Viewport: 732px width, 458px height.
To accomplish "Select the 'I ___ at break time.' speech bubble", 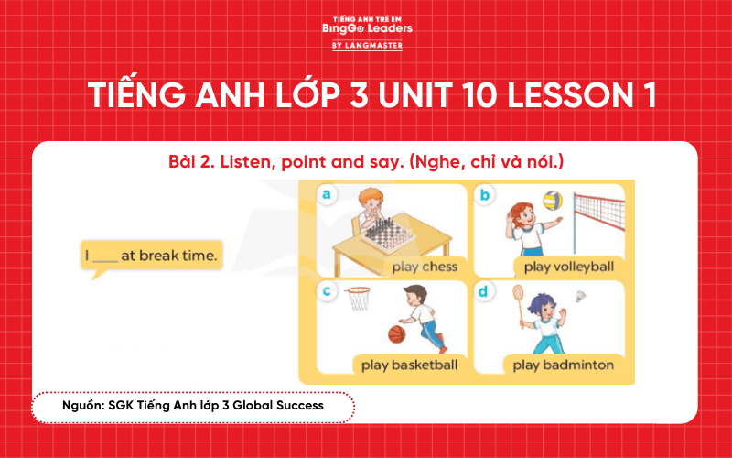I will (152, 256).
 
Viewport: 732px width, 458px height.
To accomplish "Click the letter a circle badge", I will (327, 194).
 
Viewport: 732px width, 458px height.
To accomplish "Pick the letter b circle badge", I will (485, 194).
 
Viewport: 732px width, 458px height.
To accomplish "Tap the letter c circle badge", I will (327, 290).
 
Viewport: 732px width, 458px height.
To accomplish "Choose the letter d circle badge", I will (485, 290).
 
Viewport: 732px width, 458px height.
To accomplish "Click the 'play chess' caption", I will (424, 267).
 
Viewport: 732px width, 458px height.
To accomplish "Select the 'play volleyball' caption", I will (568, 267).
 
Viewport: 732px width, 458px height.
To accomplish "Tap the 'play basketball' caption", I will (409, 365).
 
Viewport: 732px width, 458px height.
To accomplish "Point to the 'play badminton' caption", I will (563, 365).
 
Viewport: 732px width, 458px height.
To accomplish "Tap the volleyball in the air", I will (551, 200).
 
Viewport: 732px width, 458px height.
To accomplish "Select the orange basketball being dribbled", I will (396, 334).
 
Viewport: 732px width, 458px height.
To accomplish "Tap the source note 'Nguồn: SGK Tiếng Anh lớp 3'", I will (193, 404).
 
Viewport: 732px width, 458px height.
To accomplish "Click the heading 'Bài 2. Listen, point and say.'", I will (366, 162).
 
